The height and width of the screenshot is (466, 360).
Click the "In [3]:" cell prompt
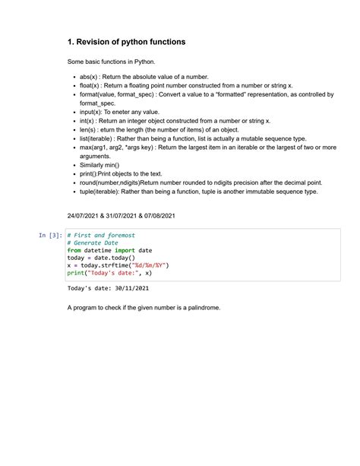coord(49,236)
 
